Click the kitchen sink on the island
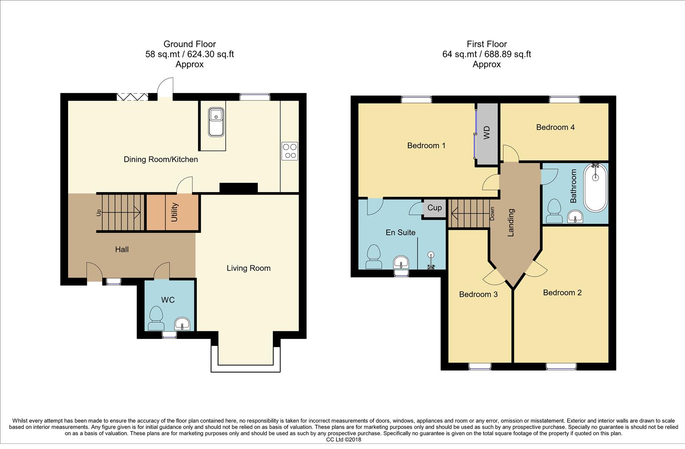(x=216, y=121)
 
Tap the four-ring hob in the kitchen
(x=290, y=151)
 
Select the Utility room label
(x=174, y=212)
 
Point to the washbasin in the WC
(x=182, y=323)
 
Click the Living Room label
(x=248, y=268)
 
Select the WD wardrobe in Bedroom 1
(x=487, y=133)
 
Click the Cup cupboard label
(x=435, y=208)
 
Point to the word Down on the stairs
(x=492, y=214)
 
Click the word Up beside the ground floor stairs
(x=99, y=212)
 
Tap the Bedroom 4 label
(x=555, y=127)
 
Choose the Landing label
(x=511, y=222)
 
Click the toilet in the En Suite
(x=374, y=257)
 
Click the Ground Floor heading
(x=189, y=44)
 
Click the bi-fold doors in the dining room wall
(x=132, y=97)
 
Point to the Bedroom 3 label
(x=478, y=294)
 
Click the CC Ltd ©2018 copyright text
(x=344, y=439)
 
